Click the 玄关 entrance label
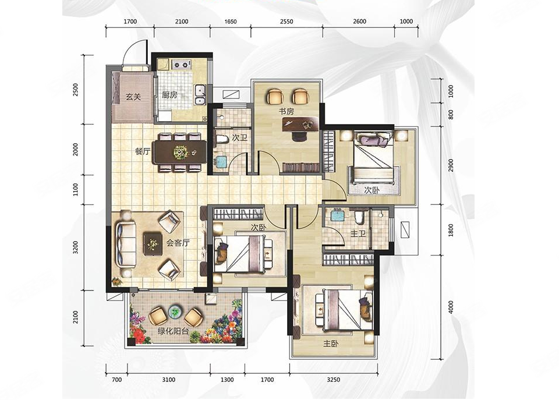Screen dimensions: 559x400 [x=133, y=97]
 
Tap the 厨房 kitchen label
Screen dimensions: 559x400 [x=169, y=95]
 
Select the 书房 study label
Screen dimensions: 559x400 [x=286, y=111]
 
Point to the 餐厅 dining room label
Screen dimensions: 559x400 [x=142, y=151]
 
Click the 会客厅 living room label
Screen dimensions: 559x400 [x=178, y=243]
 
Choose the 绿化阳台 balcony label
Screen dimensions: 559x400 [x=174, y=331]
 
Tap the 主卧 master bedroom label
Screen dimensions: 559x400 [x=331, y=344]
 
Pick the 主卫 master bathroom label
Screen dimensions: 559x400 [x=358, y=233]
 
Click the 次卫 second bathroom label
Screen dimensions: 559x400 [x=239, y=137]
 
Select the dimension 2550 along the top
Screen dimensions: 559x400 [x=286, y=22]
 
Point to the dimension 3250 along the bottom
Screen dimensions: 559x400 [x=333, y=380]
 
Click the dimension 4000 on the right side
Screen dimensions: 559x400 [x=451, y=307]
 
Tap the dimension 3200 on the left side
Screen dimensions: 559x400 [x=75, y=247]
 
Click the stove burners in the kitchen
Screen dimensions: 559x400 [x=181, y=65]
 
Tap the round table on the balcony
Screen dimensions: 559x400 [x=175, y=311]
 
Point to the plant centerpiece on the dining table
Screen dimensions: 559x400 [x=181, y=153]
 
